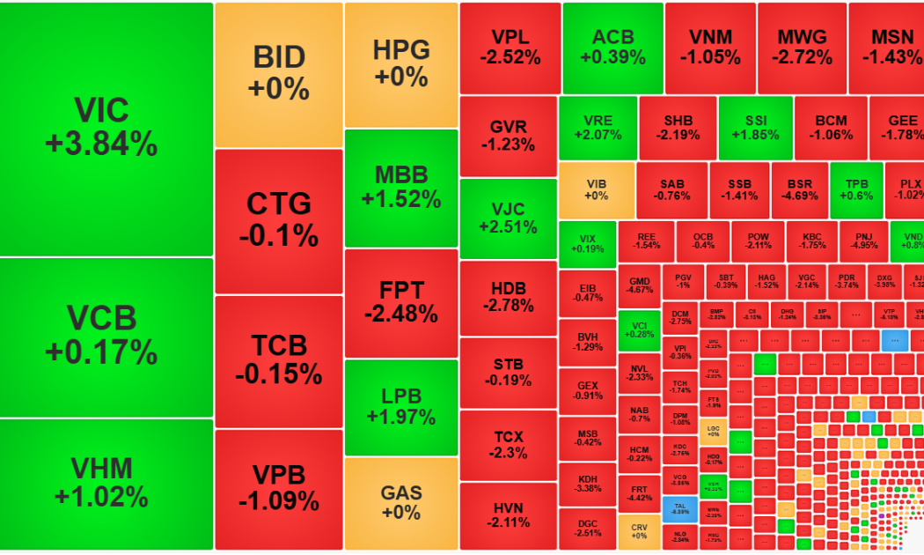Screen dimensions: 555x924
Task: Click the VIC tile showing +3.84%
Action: pos(106,129)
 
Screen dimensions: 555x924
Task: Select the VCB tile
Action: pos(106,337)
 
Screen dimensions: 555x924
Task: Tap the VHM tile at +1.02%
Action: pos(106,483)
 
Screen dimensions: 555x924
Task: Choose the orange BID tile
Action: pos(278,74)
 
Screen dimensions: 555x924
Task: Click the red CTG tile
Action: pos(278,220)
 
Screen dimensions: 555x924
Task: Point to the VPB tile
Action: pos(278,488)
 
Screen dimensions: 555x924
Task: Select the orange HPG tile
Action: pos(401,64)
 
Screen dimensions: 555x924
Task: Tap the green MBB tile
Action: pos(401,187)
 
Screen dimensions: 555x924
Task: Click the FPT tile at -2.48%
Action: pos(401,302)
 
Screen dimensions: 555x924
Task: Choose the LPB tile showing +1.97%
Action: pos(401,406)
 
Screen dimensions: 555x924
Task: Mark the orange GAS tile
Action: pos(401,502)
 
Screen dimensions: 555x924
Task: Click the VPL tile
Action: pos(510,48)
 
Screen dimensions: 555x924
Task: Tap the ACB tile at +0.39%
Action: pos(612,48)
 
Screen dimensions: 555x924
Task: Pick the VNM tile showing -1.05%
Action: pos(709,48)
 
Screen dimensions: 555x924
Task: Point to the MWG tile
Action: pos(802,48)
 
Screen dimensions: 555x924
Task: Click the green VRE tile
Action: pos(598,128)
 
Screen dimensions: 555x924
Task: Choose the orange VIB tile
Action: pos(597,189)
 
